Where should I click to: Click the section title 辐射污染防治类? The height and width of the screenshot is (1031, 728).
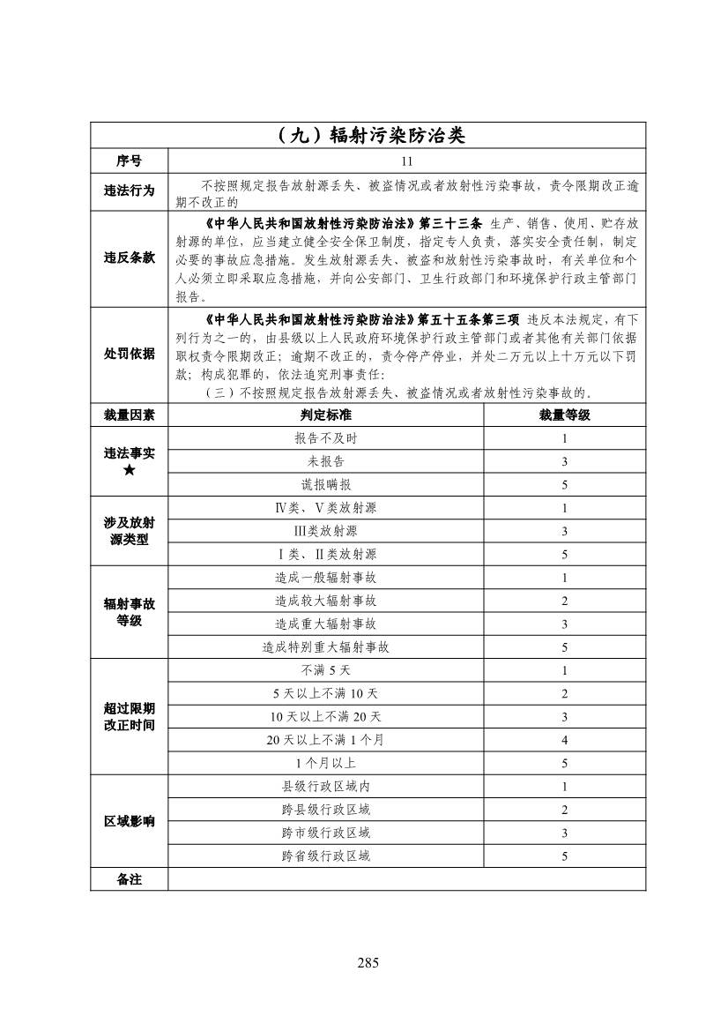368,136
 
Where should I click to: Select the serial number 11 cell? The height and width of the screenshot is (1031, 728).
406,161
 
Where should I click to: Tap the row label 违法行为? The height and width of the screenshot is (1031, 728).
129,191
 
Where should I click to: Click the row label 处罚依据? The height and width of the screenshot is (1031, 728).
129,354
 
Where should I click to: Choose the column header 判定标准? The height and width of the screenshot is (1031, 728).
325,415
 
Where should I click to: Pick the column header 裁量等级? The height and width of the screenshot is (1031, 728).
564,415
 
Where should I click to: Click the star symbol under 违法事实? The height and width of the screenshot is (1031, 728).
129,470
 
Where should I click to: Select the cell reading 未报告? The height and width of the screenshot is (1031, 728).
325,461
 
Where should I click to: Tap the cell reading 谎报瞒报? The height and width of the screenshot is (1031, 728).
325,484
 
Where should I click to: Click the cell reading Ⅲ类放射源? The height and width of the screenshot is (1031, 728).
325,531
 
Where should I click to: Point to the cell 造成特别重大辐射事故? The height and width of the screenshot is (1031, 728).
325,647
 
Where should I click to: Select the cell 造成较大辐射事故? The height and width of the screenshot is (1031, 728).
325,601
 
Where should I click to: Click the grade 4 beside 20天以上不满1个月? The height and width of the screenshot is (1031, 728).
564,740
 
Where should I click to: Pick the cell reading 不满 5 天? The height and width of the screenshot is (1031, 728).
325,670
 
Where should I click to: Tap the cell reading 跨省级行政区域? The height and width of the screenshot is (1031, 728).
325,855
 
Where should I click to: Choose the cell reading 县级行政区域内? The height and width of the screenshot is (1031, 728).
325,786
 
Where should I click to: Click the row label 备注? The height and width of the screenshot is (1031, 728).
129,879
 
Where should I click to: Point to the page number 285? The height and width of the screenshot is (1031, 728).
368,962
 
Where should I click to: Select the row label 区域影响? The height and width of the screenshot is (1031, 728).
129,821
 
